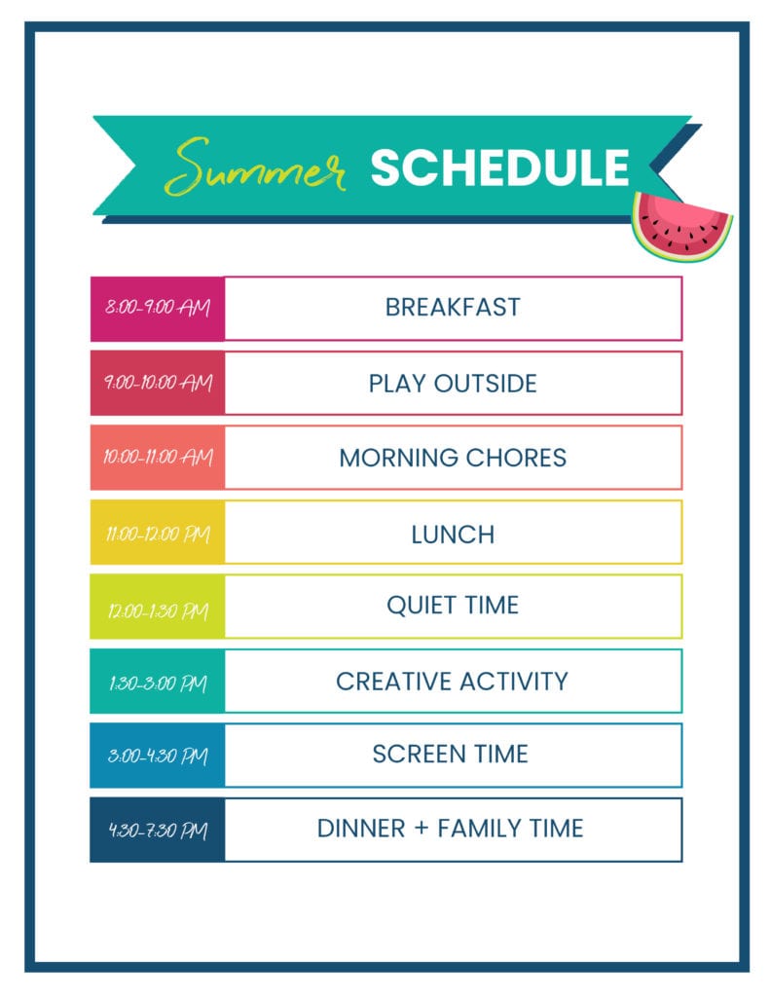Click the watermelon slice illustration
click(x=680, y=226)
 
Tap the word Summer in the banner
click(x=254, y=167)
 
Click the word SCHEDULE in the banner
click(x=499, y=167)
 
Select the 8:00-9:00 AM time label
click(x=157, y=307)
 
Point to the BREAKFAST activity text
click(x=453, y=307)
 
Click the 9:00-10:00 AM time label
click(x=158, y=382)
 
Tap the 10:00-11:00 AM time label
click(x=158, y=457)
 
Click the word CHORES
click(x=516, y=458)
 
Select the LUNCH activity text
click(x=453, y=535)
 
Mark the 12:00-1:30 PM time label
click(x=158, y=610)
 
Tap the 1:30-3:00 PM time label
click(x=158, y=683)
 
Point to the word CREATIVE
click(x=393, y=681)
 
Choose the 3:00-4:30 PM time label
click(x=158, y=756)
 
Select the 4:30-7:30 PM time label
click(x=158, y=830)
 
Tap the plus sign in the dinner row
click(x=421, y=829)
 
